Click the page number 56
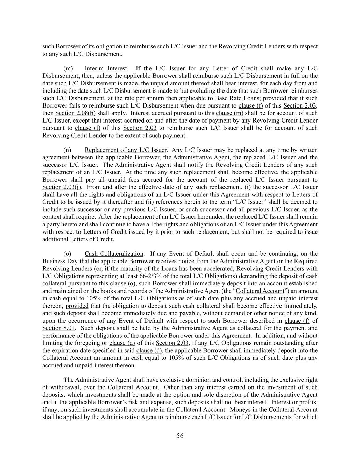click(180, 436)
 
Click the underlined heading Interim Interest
click(106, 69)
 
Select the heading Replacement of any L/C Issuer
click(125, 150)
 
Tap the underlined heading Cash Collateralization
click(114, 254)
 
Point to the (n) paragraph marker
click(67, 150)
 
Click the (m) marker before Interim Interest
click(68, 69)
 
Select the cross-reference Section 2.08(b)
click(75, 113)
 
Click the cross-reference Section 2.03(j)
click(62, 187)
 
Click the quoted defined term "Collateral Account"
click(260, 291)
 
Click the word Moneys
click(241, 409)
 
